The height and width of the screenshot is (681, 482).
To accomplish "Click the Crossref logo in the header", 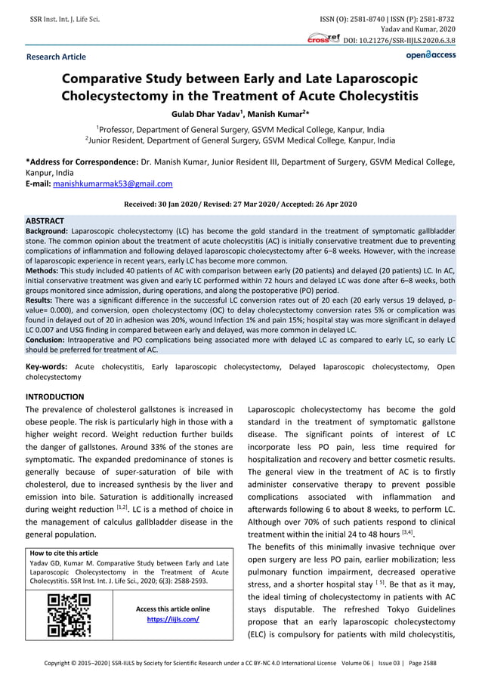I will coord(323,39).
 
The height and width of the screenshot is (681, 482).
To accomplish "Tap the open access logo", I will coord(430,55).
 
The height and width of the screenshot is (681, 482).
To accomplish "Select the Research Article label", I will coord(56,57).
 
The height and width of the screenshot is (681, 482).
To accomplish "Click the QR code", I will coord(69,615).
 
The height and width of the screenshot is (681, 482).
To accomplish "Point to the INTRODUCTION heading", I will coord(55,397).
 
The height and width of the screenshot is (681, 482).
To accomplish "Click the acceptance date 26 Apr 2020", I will coord(332,205).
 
